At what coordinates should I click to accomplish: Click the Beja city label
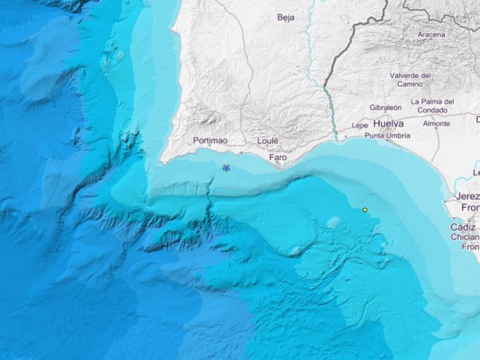tap(286, 17)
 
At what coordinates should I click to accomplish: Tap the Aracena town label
tap(431, 34)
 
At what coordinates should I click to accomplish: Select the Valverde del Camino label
tap(410, 80)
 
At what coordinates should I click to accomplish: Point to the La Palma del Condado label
tap(432, 106)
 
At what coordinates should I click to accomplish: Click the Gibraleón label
tap(385, 108)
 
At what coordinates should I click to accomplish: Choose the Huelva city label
tap(388, 124)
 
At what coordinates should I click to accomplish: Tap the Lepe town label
tap(360, 125)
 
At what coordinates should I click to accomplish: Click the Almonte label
tap(436, 124)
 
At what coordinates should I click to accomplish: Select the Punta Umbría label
tap(387, 136)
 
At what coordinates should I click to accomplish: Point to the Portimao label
tap(210, 140)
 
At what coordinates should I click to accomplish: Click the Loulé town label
tap(268, 141)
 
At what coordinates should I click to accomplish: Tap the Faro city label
tap(278, 158)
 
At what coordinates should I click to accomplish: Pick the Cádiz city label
tap(462, 227)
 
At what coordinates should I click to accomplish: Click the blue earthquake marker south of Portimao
tap(226, 168)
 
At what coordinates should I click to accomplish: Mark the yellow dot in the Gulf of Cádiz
tap(365, 210)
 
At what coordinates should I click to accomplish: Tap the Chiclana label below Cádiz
tap(465, 237)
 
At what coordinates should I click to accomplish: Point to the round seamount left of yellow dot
tap(334, 222)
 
